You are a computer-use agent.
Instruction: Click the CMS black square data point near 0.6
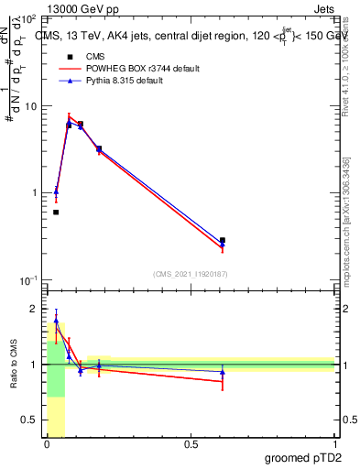[x=223, y=240]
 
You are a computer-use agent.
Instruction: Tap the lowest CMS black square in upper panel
[x=56, y=212]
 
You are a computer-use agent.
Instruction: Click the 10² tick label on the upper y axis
[x=28, y=18]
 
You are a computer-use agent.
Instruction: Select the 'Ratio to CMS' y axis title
[x=14, y=365]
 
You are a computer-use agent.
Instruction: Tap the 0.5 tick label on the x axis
[x=191, y=444]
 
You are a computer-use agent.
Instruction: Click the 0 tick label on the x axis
[x=48, y=444]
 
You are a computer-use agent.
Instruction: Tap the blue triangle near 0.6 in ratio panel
[x=223, y=373]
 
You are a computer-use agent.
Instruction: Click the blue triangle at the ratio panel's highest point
[x=56, y=322]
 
